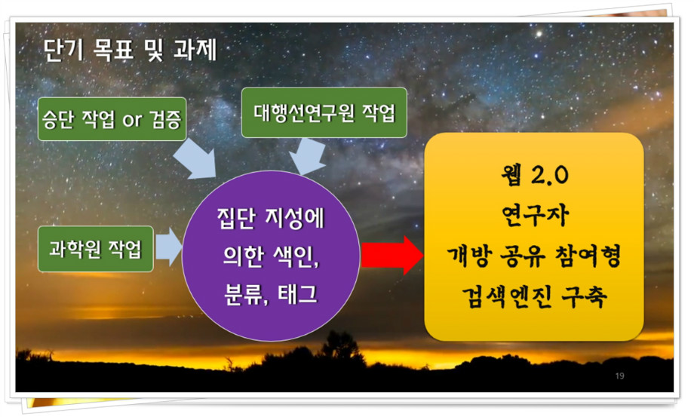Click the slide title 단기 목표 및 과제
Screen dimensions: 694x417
click(x=130, y=50)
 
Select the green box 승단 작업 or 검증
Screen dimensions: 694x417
click(x=112, y=119)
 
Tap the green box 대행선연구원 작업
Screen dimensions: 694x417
click(x=324, y=112)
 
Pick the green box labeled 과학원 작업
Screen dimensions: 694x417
click(x=96, y=249)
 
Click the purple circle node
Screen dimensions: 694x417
click(x=271, y=256)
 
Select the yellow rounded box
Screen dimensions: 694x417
click(x=534, y=237)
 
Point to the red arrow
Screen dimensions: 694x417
click(x=392, y=255)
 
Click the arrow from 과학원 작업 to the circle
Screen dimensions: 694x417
click(x=169, y=247)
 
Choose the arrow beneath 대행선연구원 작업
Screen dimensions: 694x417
click(x=307, y=156)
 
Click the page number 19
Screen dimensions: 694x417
click(x=619, y=376)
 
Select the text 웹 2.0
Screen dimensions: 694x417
click(x=534, y=175)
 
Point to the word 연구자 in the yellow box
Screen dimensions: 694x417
click(x=534, y=216)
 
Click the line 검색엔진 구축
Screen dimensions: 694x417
click(x=534, y=296)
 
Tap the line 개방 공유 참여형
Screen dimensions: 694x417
click(x=534, y=256)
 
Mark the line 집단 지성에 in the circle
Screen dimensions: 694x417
click(x=271, y=218)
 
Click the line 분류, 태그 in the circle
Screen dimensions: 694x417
click(x=271, y=293)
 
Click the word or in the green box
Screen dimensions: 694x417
click(x=132, y=121)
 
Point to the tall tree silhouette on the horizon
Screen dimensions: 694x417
click(x=340, y=345)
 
